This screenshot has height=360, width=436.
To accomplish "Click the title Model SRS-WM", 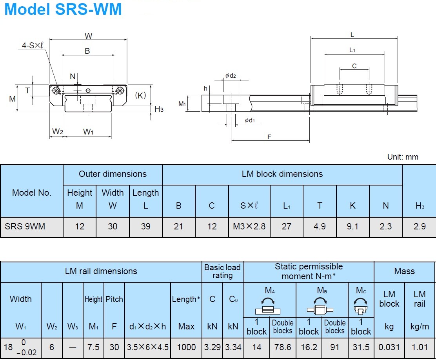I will point(63,9).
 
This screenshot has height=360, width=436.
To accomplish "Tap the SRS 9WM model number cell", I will point(25,227).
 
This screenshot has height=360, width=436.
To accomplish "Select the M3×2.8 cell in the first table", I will point(249,227).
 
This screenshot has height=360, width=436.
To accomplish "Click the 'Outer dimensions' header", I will point(113,174).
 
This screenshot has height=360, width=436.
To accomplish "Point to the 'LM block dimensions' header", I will point(282,174).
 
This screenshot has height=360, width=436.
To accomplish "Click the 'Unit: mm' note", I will point(403,157).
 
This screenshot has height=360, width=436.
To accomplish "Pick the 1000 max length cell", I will point(186,347).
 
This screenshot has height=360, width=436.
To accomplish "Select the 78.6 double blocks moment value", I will point(283,347).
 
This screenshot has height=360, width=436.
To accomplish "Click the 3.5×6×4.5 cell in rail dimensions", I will point(147,347).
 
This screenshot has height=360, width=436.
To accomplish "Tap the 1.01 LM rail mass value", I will point(420,347).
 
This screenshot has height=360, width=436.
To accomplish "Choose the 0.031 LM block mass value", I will point(389,347).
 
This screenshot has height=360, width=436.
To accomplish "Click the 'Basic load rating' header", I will point(222,271).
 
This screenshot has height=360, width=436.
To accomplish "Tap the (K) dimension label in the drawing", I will point(140,95).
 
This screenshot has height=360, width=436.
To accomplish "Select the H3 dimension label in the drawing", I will point(159,109).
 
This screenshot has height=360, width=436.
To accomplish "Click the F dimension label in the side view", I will point(269,137).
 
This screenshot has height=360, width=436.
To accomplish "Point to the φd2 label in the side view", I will point(231,76).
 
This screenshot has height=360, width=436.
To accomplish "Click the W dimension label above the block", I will point(88,36).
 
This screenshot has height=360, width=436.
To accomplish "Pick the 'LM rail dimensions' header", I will point(101,271).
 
